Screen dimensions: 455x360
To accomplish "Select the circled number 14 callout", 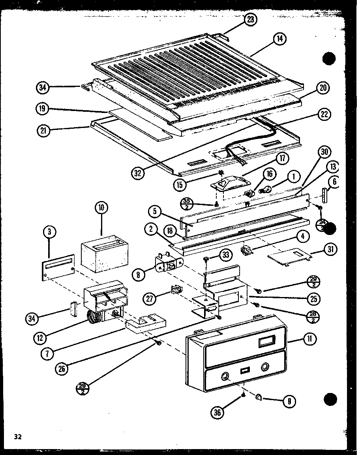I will [x=280, y=39].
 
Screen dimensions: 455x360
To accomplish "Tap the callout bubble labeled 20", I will [x=323, y=88].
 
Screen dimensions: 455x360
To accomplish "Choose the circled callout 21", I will [x=45, y=131].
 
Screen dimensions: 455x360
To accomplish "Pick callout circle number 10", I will [x=101, y=208].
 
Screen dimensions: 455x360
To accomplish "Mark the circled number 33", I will [x=225, y=256].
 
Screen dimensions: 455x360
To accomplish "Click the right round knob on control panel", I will [x=264, y=367].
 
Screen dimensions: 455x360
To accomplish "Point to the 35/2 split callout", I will [x=186, y=203].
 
